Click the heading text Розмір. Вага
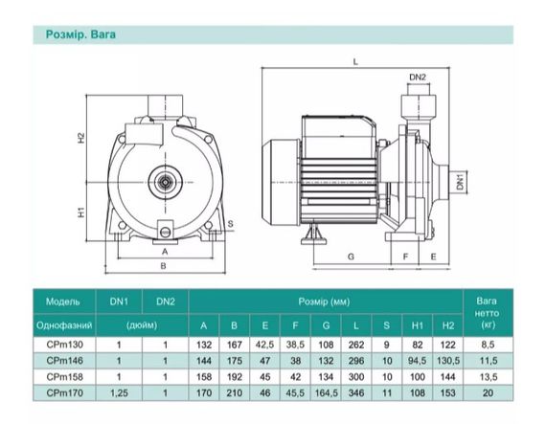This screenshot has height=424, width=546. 80,34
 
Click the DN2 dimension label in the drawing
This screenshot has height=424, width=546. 417,77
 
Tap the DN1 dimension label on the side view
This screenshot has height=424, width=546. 461,181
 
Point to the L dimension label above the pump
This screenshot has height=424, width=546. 355,62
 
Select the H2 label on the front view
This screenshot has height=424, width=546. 80,138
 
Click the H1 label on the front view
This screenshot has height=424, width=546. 80,212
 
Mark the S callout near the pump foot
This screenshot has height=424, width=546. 231,224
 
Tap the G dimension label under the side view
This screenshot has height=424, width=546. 351,257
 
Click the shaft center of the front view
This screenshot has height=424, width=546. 165,182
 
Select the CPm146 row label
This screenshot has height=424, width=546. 65,361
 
